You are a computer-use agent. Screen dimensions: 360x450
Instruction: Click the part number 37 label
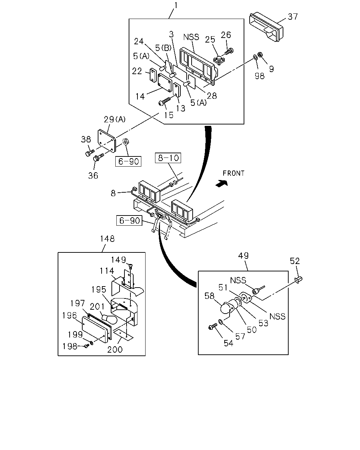click(292, 17)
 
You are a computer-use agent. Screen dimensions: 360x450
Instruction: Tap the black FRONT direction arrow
click(222, 184)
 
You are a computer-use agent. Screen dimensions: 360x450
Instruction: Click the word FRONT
click(233, 173)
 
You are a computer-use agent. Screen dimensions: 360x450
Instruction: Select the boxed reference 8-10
click(168, 158)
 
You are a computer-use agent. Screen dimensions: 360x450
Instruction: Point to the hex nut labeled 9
click(260, 55)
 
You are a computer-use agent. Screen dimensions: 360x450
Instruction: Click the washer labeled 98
click(255, 57)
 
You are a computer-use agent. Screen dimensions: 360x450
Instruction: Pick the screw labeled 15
click(165, 101)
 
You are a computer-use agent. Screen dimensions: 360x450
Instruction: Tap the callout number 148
click(107, 239)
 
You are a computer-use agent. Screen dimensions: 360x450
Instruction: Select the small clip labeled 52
click(298, 279)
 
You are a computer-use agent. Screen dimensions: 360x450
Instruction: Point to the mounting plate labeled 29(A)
click(107, 141)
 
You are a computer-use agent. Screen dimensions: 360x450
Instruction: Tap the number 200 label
click(115, 349)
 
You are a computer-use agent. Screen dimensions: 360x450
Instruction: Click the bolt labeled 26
click(229, 51)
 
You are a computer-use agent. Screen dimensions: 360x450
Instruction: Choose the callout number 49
click(243, 256)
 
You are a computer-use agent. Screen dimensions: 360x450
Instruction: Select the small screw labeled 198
click(86, 346)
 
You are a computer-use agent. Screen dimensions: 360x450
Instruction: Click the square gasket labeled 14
click(165, 83)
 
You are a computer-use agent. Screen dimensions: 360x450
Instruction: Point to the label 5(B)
click(163, 48)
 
